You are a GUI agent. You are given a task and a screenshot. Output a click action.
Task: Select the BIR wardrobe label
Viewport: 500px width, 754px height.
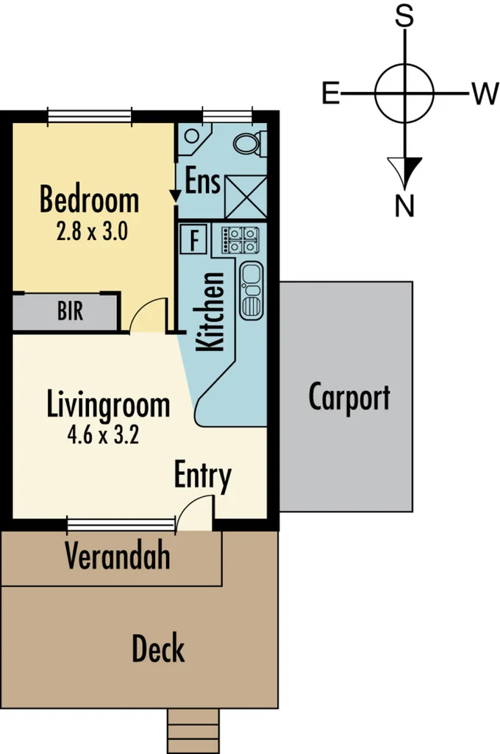(x=70, y=312)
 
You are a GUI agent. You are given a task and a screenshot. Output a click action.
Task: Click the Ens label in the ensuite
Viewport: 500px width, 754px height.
(x=203, y=181)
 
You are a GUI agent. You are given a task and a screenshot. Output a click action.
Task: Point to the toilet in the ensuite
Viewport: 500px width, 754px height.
(x=249, y=144)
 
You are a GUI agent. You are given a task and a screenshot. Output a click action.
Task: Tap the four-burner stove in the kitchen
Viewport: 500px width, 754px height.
(x=243, y=239)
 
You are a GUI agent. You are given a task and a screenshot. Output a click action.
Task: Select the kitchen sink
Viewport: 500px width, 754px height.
(x=251, y=290)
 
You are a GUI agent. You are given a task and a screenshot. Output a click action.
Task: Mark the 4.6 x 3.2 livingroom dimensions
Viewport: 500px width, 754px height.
(x=102, y=434)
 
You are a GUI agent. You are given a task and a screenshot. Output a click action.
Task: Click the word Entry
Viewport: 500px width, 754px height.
(x=202, y=476)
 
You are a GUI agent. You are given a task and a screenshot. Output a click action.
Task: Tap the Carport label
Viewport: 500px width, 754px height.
(x=349, y=398)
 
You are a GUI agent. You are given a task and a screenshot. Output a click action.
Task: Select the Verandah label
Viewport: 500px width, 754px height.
(x=117, y=556)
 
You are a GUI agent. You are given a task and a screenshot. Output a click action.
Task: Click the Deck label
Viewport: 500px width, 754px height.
(x=157, y=649)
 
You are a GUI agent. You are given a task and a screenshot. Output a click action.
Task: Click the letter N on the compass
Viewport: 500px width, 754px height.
(x=404, y=207)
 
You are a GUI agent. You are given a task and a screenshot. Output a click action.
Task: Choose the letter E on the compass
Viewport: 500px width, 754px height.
(x=331, y=94)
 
